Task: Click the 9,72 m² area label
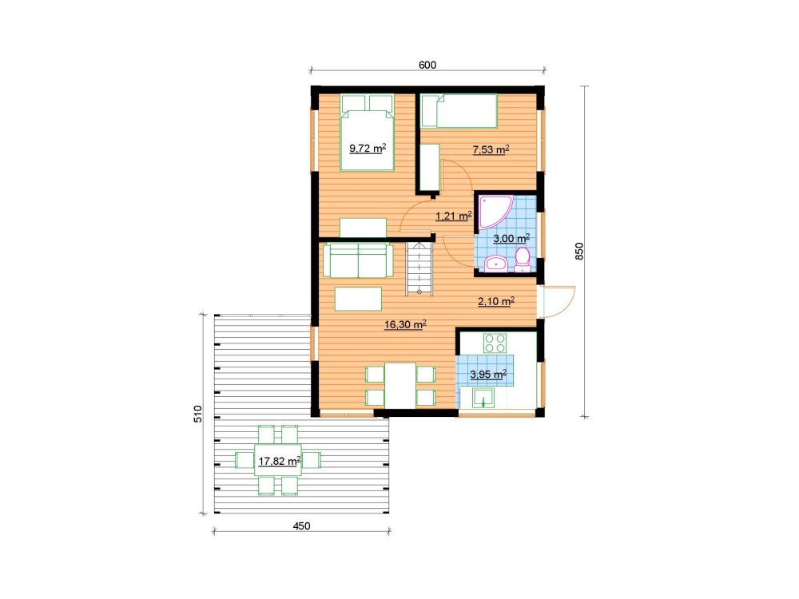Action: pos(368,149)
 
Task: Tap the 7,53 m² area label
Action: pos(491,150)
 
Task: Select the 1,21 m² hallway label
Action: pos(454,216)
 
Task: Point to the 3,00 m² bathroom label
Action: pos(511,238)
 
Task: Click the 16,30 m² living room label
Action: pos(405,324)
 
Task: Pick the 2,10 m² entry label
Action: pos(496,302)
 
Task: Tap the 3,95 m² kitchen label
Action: pos(488,375)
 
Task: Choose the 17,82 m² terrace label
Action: pos(280,462)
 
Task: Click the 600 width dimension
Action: pos(427,65)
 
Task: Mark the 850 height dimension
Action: pos(578,252)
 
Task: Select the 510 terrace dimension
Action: pos(198,414)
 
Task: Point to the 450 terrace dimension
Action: pos(302,526)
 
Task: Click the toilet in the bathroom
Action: pos(523,260)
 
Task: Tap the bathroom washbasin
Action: pos(495,264)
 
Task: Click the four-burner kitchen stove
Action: pos(495,343)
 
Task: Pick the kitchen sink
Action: pos(483,399)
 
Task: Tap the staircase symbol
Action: pos(419,268)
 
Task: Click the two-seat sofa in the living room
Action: pos(358,260)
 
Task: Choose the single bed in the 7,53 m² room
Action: pos(459,111)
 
